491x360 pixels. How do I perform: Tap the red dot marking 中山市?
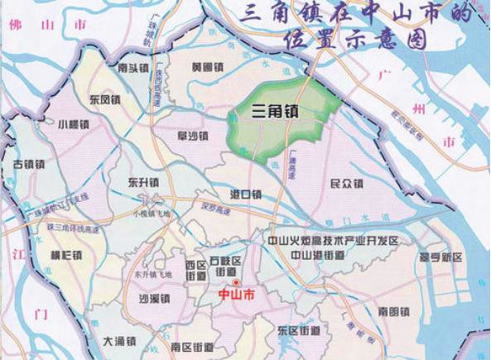[236, 283]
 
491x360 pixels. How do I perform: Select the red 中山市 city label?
[236, 295]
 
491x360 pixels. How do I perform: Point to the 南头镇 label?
[133, 69]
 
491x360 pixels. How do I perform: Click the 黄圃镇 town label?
[207, 67]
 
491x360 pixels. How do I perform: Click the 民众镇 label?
[347, 182]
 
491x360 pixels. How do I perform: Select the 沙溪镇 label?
[154, 299]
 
